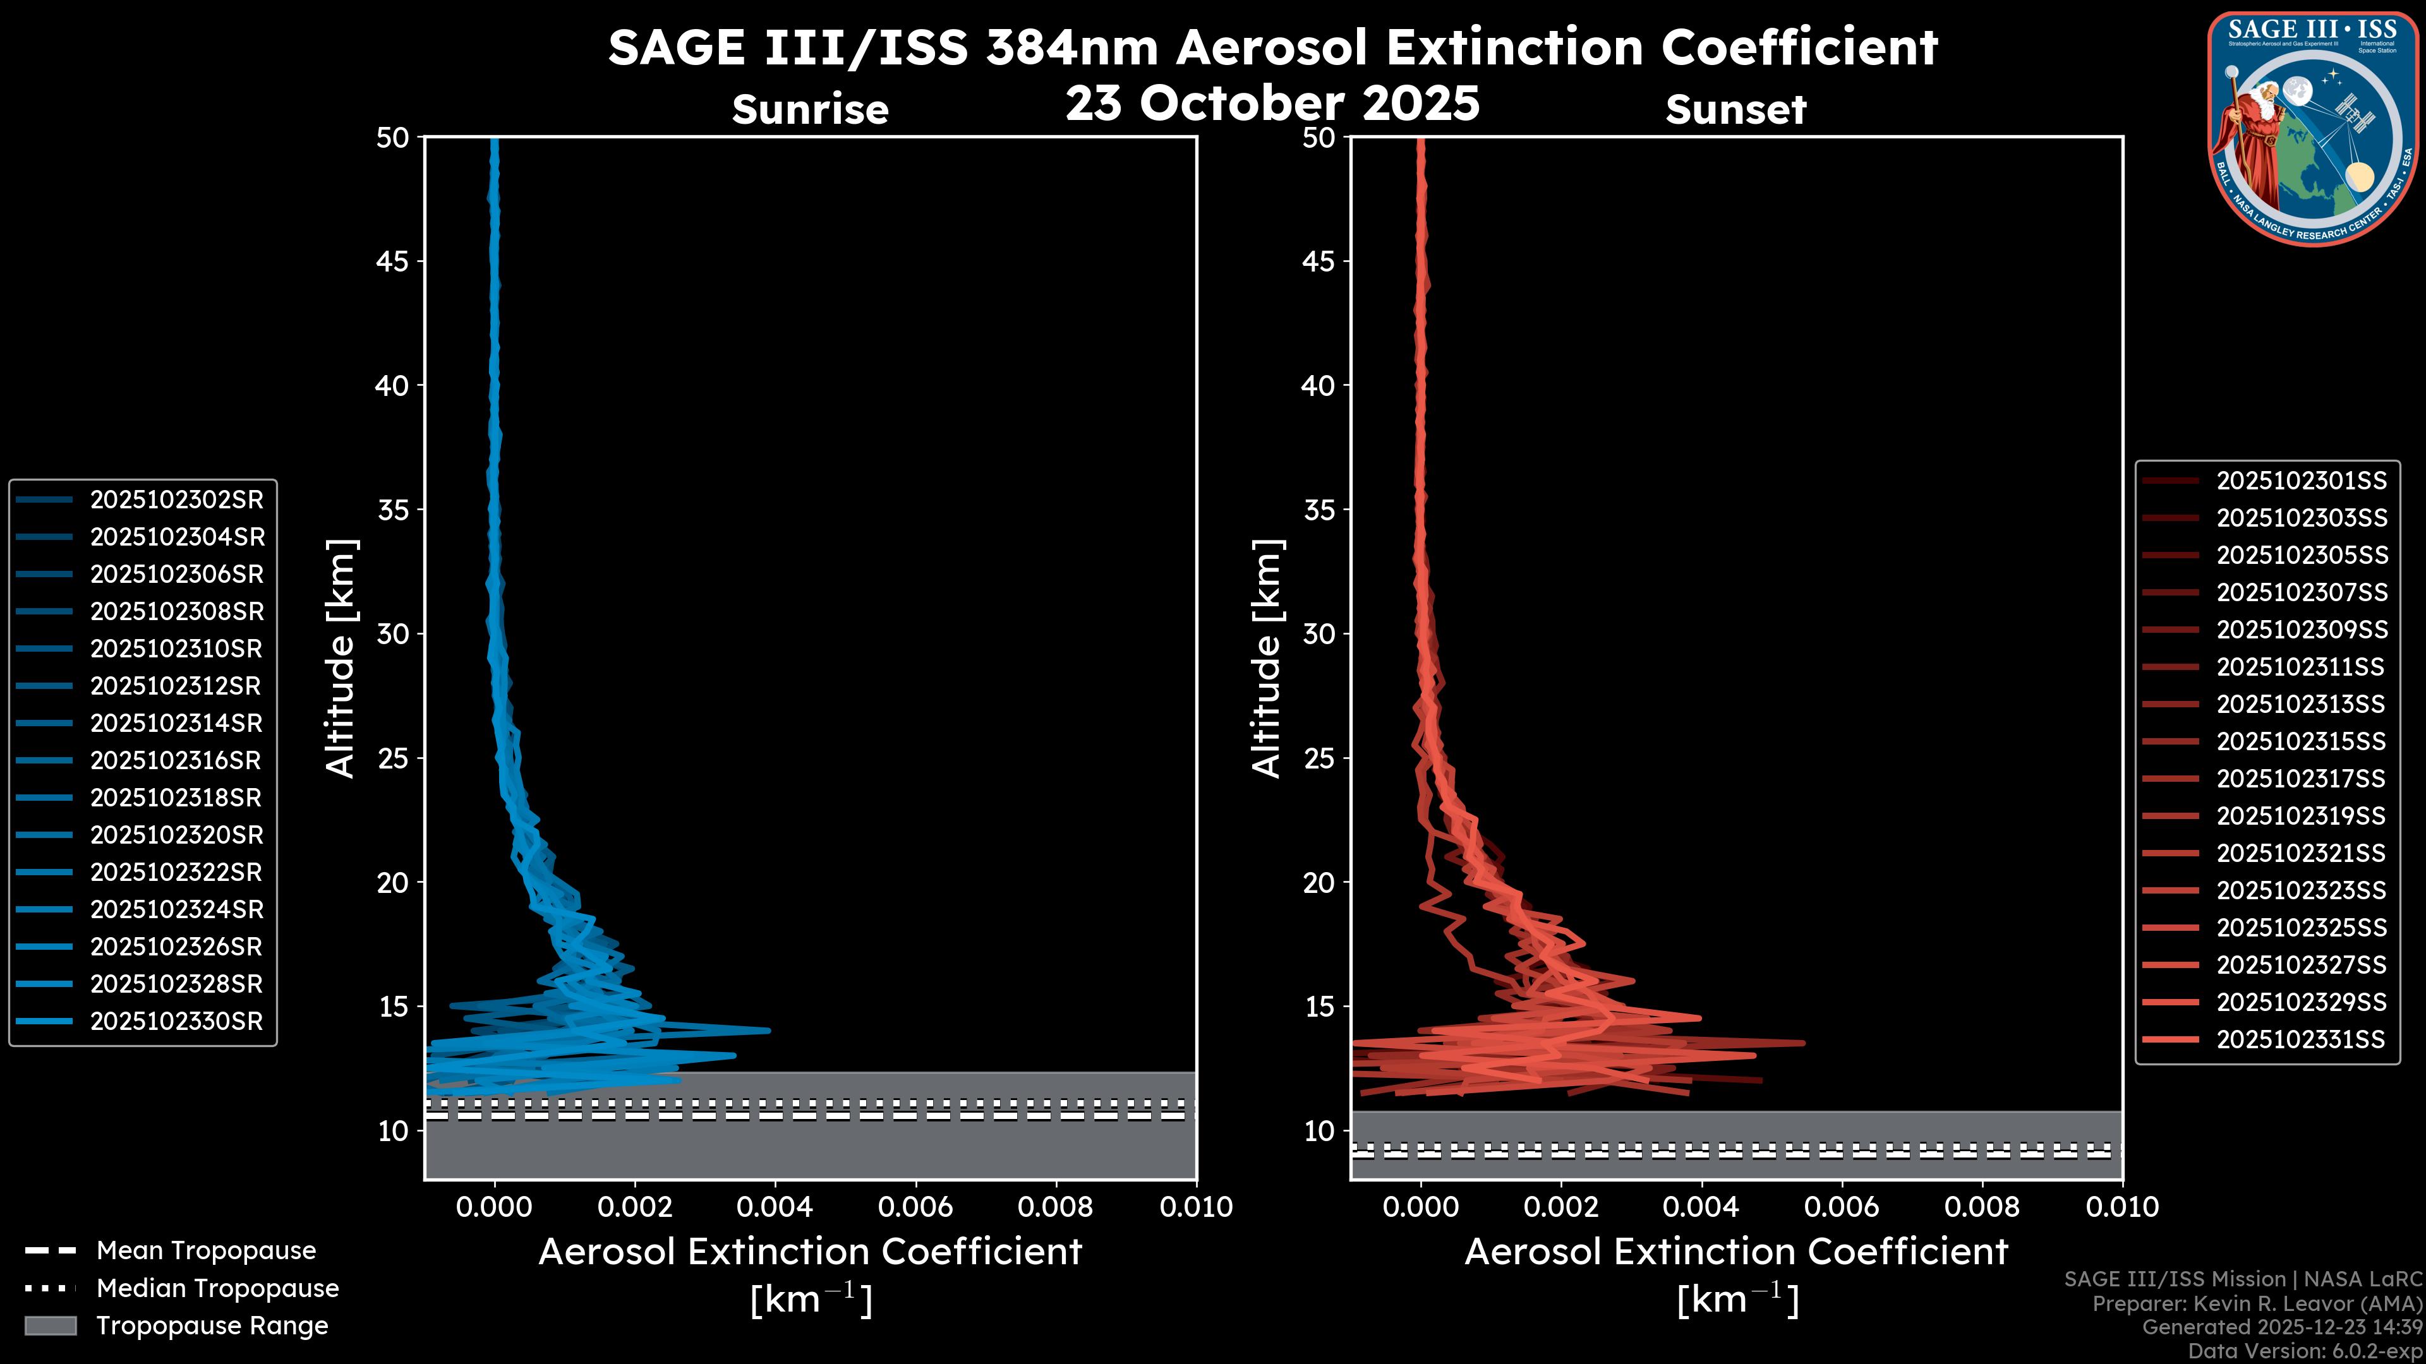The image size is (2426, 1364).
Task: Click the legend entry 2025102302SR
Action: [x=176, y=500]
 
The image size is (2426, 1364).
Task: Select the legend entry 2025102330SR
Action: [x=176, y=1021]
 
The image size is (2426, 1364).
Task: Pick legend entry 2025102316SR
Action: [x=176, y=760]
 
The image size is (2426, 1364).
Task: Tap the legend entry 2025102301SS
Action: [x=2301, y=481]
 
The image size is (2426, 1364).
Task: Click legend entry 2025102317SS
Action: [x=2301, y=779]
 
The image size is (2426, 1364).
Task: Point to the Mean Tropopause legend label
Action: [x=206, y=1251]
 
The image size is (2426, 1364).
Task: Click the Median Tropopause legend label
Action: [x=217, y=1289]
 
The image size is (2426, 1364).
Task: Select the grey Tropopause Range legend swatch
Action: [x=50, y=1326]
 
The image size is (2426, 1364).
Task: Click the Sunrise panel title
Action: [x=810, y=110]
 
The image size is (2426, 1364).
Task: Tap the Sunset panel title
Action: [x=1735, y=110]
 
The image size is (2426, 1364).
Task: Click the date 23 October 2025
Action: [x=1272, y=102]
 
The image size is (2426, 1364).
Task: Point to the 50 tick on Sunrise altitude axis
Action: [x=393, y=138]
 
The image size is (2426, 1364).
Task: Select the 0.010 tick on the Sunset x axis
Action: [x=2122, y=1207]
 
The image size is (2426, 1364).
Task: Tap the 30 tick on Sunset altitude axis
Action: [x=1319, y=635]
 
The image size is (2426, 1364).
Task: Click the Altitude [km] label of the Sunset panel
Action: [x=1267, y=659]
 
